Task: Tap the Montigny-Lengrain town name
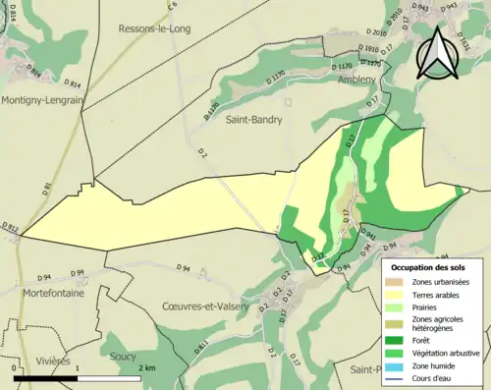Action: click(x=43, y=99)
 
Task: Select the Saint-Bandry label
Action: click(x=254, y=120)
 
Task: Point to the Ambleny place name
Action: click(x=357, y=79)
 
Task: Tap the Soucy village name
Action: click(x=124, y=357)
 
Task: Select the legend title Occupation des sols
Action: click(x=429, y=267)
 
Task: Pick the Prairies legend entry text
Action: click(x=430, y=306)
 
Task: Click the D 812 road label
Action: click(x=10, y=229)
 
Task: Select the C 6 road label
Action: click(x=172, y=7)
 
